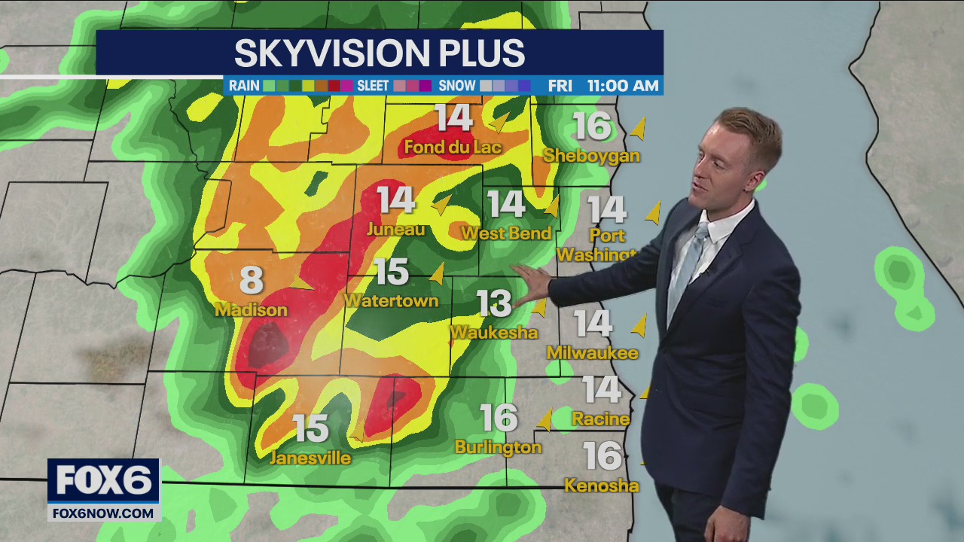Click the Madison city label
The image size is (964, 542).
tap(252, 310)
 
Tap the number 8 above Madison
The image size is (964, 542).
tap(252, 281)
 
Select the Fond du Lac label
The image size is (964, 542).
tap(453, 147)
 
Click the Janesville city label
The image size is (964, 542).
tap(310, 458)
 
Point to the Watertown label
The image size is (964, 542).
tap(391, 301)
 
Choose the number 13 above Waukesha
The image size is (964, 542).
tap(494, 303)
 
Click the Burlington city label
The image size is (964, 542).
tap(498, 447)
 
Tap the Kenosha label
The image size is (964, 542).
tap(602, 486)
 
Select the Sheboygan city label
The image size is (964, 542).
tap(592, 156)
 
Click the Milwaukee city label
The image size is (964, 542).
tap(593, 352)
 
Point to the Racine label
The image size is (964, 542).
tap(600, 419)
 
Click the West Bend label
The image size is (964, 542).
tap(506, 233)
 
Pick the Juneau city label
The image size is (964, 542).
tap(395, 230)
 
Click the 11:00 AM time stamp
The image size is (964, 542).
tap(623, 86)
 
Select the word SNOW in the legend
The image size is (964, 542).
tap(457, 86)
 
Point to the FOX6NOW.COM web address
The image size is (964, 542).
tap(103, 513)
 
